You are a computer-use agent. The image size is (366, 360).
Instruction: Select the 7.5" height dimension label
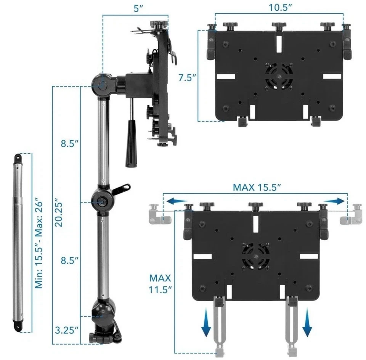(187, 78)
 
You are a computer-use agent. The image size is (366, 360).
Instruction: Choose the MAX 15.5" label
(257, 188)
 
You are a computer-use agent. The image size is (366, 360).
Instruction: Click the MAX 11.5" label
(160, 283)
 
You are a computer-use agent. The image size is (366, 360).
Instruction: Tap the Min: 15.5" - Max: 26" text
(37, 243)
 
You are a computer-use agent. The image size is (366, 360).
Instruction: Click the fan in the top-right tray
(279, 77)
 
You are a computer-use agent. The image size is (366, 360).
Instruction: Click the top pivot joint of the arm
(103, 84)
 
